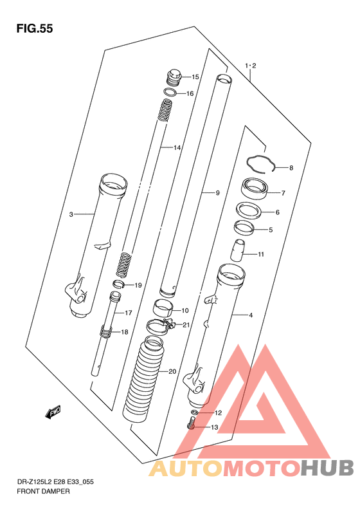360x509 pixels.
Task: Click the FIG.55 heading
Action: pyautogui.click(x=34, y=29)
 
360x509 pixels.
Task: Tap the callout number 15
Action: pyautogui.click(x=195, y=77)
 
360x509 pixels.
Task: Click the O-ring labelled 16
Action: pyautogui.click(x=170, y=93)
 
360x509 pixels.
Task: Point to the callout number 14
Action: pyautogui.click(x=177, y=148)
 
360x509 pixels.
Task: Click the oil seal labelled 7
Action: pyautogui.click(x=255, y=190)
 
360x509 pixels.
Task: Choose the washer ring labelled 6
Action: pyautogui.click(x=249, y=211)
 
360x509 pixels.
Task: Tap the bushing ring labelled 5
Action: pyautogui.click(x=244, y=227)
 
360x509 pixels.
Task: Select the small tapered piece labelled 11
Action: pyautogui.click(x=238, y=250)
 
